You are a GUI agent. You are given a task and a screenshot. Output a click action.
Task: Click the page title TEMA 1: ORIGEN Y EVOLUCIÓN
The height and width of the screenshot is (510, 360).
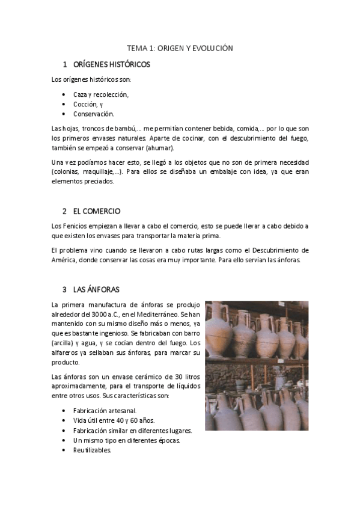point(180,48)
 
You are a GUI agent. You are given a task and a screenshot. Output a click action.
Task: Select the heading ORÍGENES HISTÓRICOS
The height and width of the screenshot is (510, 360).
point(111,64)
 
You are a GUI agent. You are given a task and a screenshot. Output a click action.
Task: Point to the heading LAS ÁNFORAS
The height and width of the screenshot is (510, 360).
point(96,289)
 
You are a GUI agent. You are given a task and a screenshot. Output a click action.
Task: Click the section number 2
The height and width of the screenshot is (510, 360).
point(64,211)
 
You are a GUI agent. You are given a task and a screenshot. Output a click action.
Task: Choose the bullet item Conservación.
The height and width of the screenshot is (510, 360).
point(93,114)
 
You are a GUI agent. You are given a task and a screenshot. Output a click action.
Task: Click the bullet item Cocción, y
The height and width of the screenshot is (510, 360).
point(88,104)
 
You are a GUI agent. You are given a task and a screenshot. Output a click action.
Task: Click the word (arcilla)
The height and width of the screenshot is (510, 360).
point(64,343)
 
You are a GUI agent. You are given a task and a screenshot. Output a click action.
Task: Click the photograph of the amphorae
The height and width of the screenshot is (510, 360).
point(257,365)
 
